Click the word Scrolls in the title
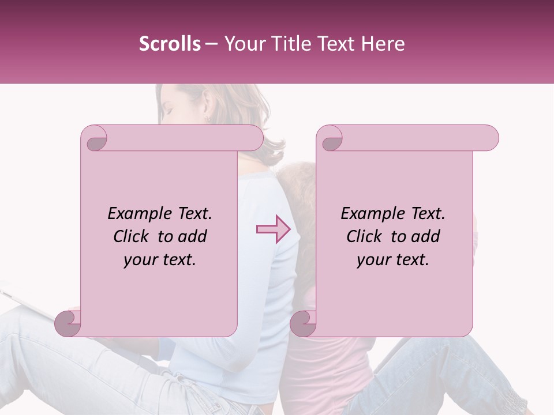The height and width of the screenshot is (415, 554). [x=170, y=44]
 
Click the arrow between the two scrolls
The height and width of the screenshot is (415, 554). [x=273, y=229]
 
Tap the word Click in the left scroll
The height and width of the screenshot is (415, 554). [x=132, y=236]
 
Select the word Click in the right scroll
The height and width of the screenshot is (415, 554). [x=365, y=236]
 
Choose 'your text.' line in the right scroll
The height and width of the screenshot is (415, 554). [x=393, y=260]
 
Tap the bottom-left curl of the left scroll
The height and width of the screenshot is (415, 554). [x=68, y=323]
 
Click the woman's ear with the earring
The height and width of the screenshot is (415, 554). [x=206, y=116]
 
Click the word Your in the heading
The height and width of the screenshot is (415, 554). [x=242, y=44]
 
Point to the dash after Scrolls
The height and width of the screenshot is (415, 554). [x=211, y=44]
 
